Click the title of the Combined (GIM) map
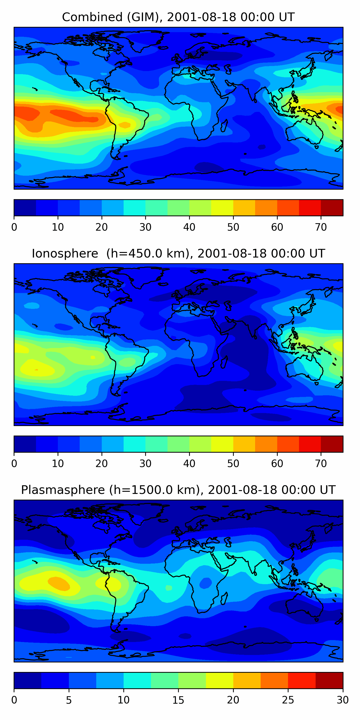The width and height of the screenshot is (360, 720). pyautogui.click(x=178, y=17)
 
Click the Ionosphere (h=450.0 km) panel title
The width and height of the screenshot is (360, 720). pyautogui.click(x=178, y=253)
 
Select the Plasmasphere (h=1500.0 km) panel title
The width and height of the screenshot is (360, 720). pyautogui.click(x=178, y=490)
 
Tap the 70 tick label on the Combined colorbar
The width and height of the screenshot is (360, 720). pyautogui.click(x=321, y=227)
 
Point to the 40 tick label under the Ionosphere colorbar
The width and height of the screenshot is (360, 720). pyautogui.click(x=189, y=464)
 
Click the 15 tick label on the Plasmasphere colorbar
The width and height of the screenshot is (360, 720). pyautogui.click(x=178, y=700)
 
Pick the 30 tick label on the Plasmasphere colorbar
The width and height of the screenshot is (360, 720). pyautogui.click(x=342, y=700)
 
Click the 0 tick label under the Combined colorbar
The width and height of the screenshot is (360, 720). pyautogui.click(x=14, y=227)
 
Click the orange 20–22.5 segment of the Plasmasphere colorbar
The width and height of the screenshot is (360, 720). pyautogui.click(x=247, y=681)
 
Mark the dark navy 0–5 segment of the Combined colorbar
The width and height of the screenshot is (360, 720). pyautogui.click(x=25, y=208)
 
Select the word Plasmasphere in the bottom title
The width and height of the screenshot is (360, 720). pyautogui.click(x=63, y=490)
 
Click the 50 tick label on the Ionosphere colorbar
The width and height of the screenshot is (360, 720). pyautogui.click(x=233, y=464)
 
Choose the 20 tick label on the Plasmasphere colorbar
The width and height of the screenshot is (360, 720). pyautogui.click(x=233, y=700)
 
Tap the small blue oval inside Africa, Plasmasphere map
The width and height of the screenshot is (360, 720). pyautogui.click(x=206, y=583)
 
